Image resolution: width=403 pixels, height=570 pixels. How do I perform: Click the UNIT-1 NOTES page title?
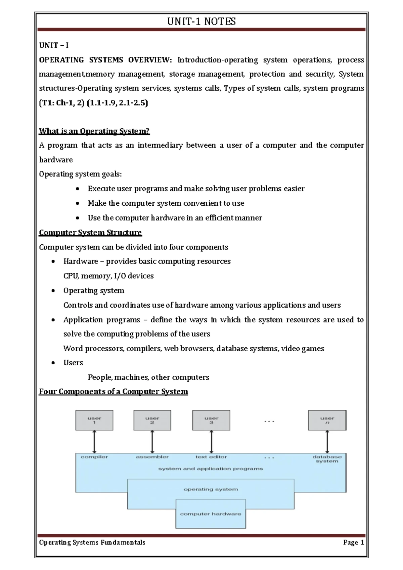pyautogui.click(x=201, y=22)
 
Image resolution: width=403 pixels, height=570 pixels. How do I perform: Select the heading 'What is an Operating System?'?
pyautogui.click(x=94, y=131)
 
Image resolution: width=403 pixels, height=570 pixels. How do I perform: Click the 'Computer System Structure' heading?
pyautogui.click(x=90, y=233)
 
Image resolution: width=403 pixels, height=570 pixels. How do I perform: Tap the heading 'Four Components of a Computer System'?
pyautogui.click(x=114, y=392)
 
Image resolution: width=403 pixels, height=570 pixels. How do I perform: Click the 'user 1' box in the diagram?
pyautogui.click(x=94, y=420)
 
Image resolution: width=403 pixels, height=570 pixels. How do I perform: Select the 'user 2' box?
pyautogui.click(x=152, y=420)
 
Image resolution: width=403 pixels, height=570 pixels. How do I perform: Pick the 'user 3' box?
pyautogui.click(x=211, y=420)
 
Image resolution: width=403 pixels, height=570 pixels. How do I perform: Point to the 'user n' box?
pyautogui.click(x=327, y=420)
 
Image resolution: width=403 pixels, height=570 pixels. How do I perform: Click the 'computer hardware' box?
pyautogui.click(x=211, y=514)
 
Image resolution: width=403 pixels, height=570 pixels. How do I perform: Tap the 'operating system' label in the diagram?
pyautogui.click(x=211, y=489)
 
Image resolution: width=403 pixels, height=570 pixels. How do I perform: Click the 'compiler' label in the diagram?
pyautogui.click(x=94, y=457)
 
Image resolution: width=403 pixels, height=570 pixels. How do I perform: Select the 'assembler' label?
pyautogui.click(x=152, y=457)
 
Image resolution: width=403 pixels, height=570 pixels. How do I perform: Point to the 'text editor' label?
pyautogui.click(x=211, y=457)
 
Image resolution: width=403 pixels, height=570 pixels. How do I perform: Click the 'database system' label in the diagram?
pyautogui.click(x=327, y=459)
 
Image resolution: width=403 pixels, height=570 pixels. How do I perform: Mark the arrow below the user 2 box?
pyautogui.click(x=152, y=442)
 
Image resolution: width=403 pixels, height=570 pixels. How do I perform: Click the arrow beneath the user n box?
pyautogui.click(x=327, y=442)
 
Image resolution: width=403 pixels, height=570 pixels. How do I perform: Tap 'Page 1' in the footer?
pyautogui.click(x=353, y=542)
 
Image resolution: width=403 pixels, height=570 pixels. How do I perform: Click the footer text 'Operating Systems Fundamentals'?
pyautogui.click(x=92, y=542)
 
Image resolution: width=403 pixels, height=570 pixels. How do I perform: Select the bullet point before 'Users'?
pyautogui.click(x=53, y=363)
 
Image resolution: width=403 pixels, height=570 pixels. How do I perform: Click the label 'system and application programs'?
pyautogui.click(x=211, y=469)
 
